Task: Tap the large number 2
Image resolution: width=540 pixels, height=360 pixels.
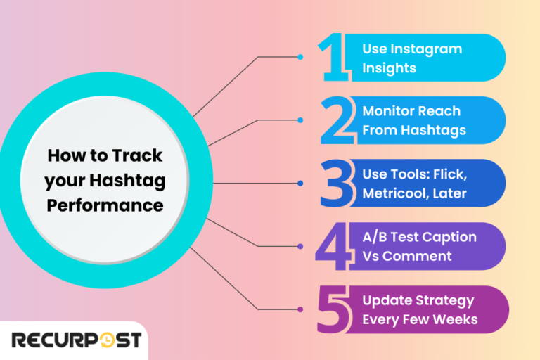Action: click(x=337, y=120)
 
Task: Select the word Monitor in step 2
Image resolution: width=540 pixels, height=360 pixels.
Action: click(x=388, y=111)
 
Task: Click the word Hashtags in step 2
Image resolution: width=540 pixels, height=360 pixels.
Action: click(x=439, y=130)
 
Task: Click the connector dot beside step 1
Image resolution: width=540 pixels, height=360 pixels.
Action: click(x=301, y=57)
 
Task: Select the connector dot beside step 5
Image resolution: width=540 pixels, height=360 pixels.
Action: click(x=301, y=309)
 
